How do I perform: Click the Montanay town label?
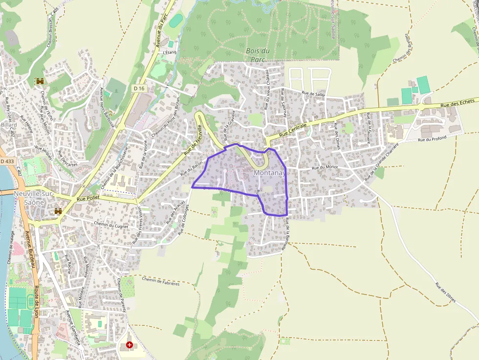click(x=269, y=173)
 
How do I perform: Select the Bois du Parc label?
click(x=258, y=55)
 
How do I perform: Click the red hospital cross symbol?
click(x=129, y=345)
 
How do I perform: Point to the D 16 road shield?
click(x=139, y=88)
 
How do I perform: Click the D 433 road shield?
click(x=7, y=161)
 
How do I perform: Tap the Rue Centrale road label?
click(x=293, y=130)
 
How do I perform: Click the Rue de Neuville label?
click(x=193, y=140)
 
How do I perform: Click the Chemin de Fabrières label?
click(x=161, y=281)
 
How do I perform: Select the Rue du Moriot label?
click(x=325, y=168)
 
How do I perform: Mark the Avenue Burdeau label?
click(x=30, y=249)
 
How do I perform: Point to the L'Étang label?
click(x=169, y=52)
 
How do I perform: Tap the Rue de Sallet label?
click(x=313, y=93)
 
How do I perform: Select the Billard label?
click(x=8, y=125)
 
